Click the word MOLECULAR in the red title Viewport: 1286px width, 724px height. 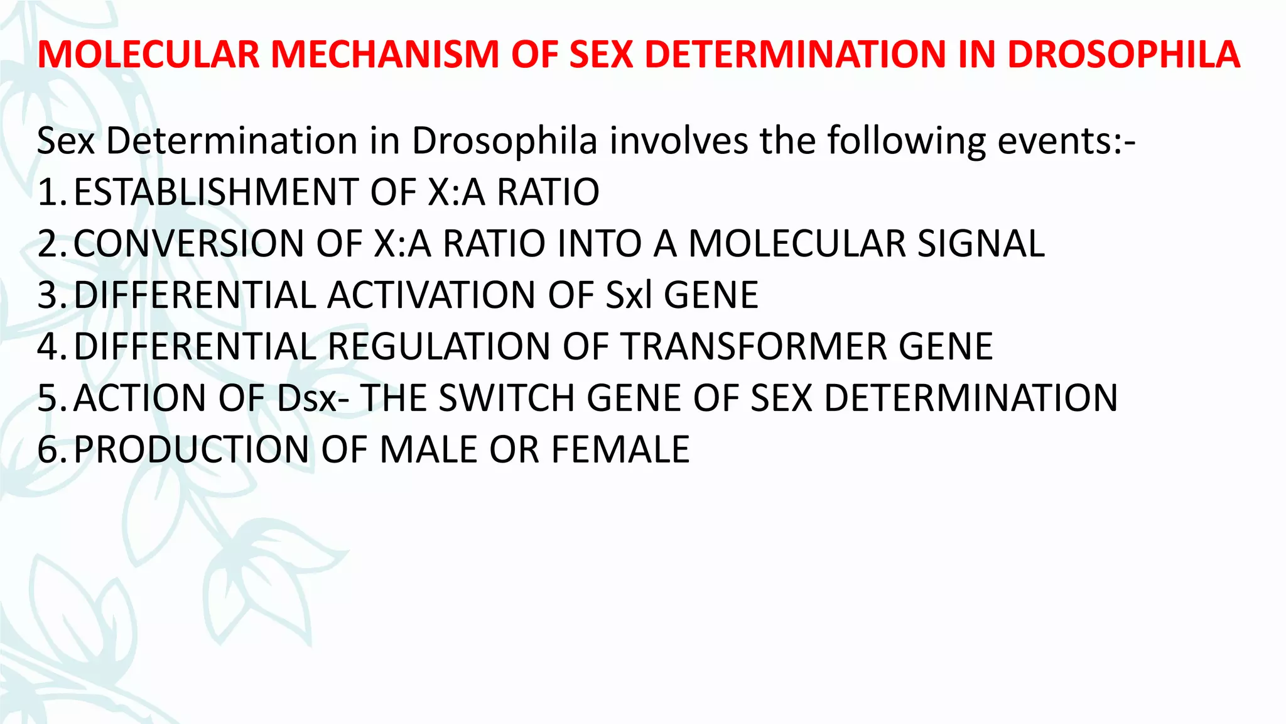(148, 54)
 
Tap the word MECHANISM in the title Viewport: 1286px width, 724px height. (384, 54)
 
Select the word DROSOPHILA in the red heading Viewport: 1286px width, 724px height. (1123, 54)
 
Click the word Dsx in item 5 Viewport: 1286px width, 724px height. (306, 398)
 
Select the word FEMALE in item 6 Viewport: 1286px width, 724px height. (620, 450)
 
